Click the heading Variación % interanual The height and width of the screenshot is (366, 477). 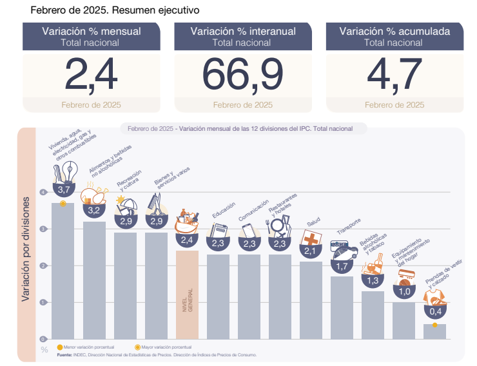pyautogui.click(x=242, y=31)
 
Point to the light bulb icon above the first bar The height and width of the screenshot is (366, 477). pyautogui.click(x=67, y=171)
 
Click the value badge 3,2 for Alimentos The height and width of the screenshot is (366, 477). pyautogui.click(x=94, y=210)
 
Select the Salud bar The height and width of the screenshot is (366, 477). pyautogui.click(x=311, y=300)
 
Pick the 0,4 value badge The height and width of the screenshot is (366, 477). pyautogui.click(x=434, y=311)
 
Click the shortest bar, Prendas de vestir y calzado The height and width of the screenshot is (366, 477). pyautogui.click(x=434, y=331)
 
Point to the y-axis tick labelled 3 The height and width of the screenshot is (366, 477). pyautogui.click(x=43, y=229)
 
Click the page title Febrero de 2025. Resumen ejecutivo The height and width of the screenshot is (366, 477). pyautogui.click(x=115, y=10)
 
